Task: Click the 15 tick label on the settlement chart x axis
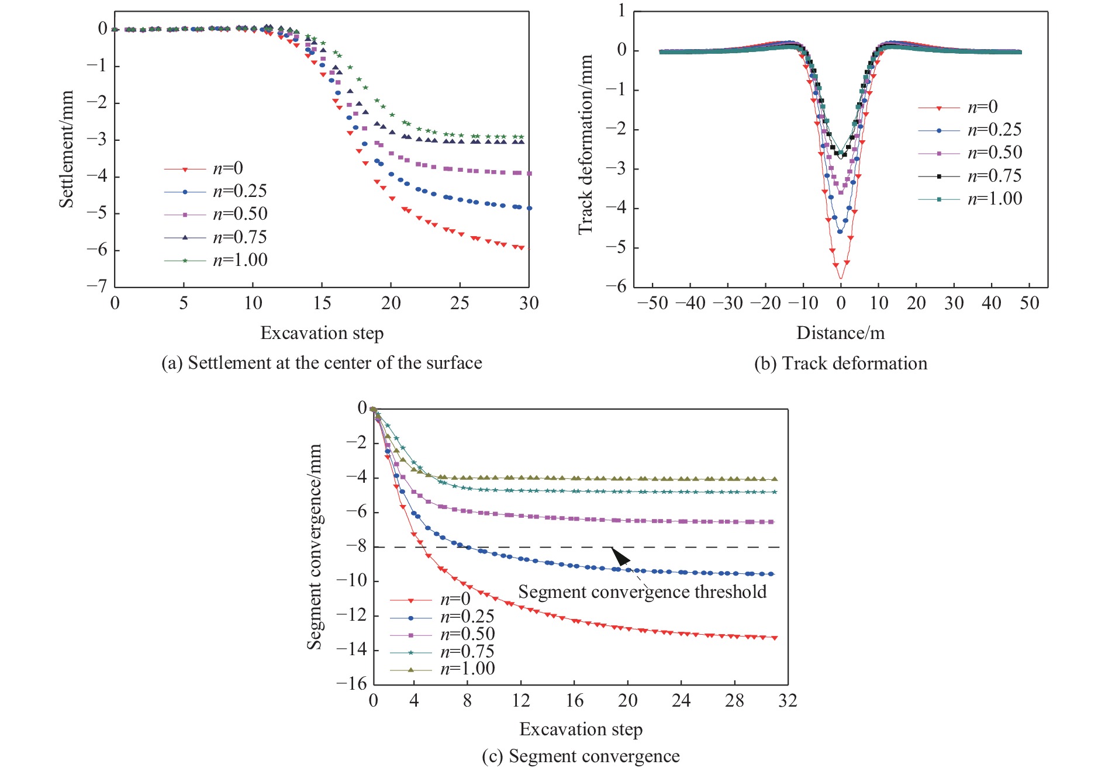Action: [x=322, y=303]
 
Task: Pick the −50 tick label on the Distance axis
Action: [x=652, y=303]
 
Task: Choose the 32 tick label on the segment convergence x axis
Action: [x=788, y=700]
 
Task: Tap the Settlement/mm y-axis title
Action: [x=66, y=149]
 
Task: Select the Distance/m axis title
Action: [x=840, y=333]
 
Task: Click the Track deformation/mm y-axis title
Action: [x=585, y=145]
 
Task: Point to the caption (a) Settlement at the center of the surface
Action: [x=322, y=363]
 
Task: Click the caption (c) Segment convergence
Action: [x=581, y=756]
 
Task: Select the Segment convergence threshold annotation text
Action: [x=642, y=592]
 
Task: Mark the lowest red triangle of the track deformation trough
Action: [x=841, y=275]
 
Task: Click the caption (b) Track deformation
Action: [x=840, y=364]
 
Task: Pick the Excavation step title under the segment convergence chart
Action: [x=581, y=729]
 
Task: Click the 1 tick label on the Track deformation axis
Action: [x=621, y=11]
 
